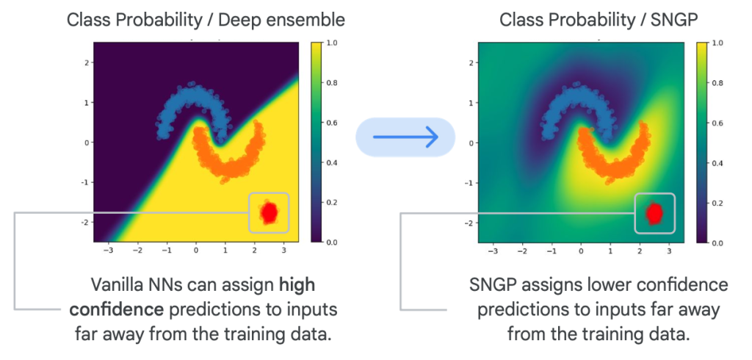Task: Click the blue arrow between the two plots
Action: (x=405, y=137)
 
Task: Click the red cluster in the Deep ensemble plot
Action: (x=269, y=212)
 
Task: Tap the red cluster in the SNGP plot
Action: (x=654, y=212)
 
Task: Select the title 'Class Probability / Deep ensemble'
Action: (x=206, y=20)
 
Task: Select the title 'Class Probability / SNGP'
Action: (x=598, y=20)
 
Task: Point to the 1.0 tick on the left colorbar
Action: (x=331, y=43)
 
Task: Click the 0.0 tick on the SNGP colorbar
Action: (x=717, y=243)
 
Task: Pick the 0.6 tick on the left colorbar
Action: (x=331, y=123)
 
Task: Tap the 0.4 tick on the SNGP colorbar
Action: (x=717, y=163)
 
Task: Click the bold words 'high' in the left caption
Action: (x=297, y=285)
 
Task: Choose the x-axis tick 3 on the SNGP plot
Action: (x=669, y=251)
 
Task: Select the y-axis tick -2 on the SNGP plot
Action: (x=471, y=223)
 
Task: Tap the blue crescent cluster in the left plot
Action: (x=192, y=109)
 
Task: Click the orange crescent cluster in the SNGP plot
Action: (x=615, y=154)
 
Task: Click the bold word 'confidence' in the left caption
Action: (x=117, y=309)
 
